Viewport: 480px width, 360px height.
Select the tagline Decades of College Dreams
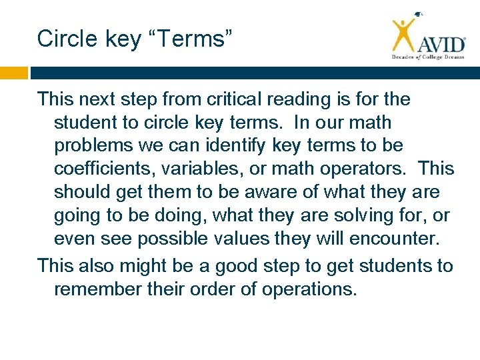[x=427, y=57]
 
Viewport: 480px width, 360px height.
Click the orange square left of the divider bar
[x=13, y=73]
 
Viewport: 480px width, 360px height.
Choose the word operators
[x=367, y=169]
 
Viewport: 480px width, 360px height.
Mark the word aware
[x=261, y=192]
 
